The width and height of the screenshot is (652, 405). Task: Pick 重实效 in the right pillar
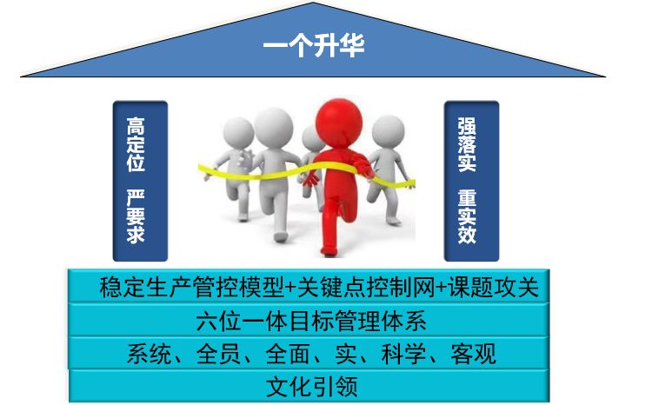point(467,216)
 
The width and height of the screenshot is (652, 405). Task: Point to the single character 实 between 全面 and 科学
point(353,354)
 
